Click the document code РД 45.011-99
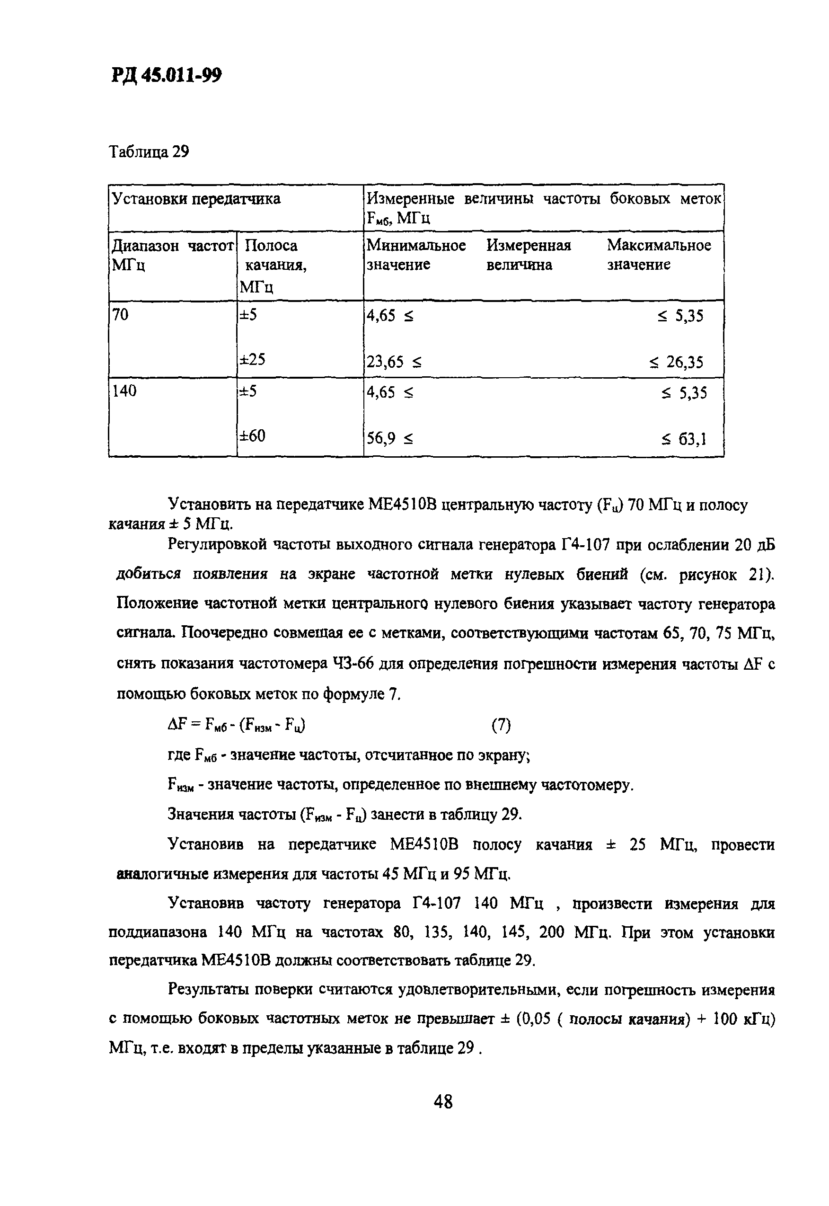coord(166,76)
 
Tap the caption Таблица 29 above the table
coord(149,152)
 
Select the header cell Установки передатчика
coord(196,199)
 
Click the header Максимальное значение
coord(659,255)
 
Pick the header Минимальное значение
coord(416,255)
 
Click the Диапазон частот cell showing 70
coord(120,315)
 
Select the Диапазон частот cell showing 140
coord(124,391)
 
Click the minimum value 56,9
coord(381,439)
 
